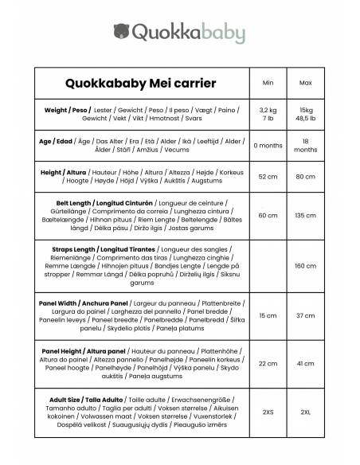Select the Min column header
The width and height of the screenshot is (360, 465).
268,82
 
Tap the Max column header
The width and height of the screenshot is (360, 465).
305,82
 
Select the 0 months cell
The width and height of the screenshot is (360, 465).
268,146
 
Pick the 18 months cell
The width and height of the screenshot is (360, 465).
305,146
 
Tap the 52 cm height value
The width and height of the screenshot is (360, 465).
268,178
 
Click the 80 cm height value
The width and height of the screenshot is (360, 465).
305,178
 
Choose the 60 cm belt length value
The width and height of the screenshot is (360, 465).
268,215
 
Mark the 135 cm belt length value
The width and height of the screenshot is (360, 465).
305,215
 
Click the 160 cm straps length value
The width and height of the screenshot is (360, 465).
305,266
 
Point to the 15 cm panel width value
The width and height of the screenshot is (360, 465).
268,316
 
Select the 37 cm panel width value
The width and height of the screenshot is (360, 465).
305,316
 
